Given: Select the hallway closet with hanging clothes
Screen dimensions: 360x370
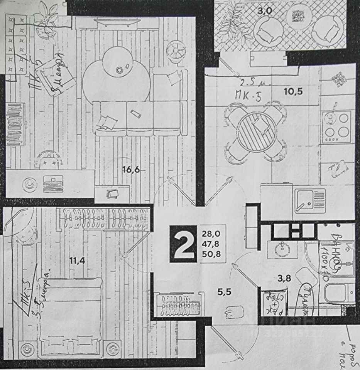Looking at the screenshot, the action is point(179,304).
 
